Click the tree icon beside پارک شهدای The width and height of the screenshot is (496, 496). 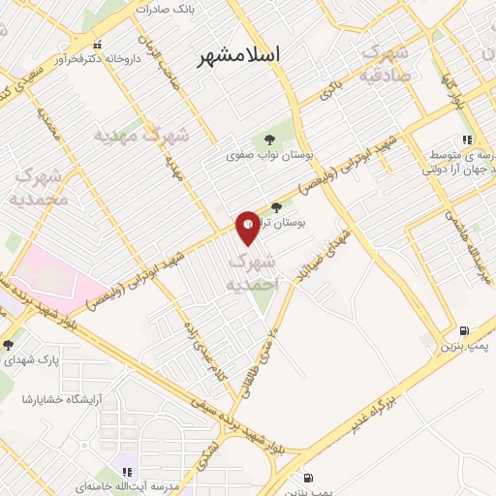(x=8, y=345)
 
